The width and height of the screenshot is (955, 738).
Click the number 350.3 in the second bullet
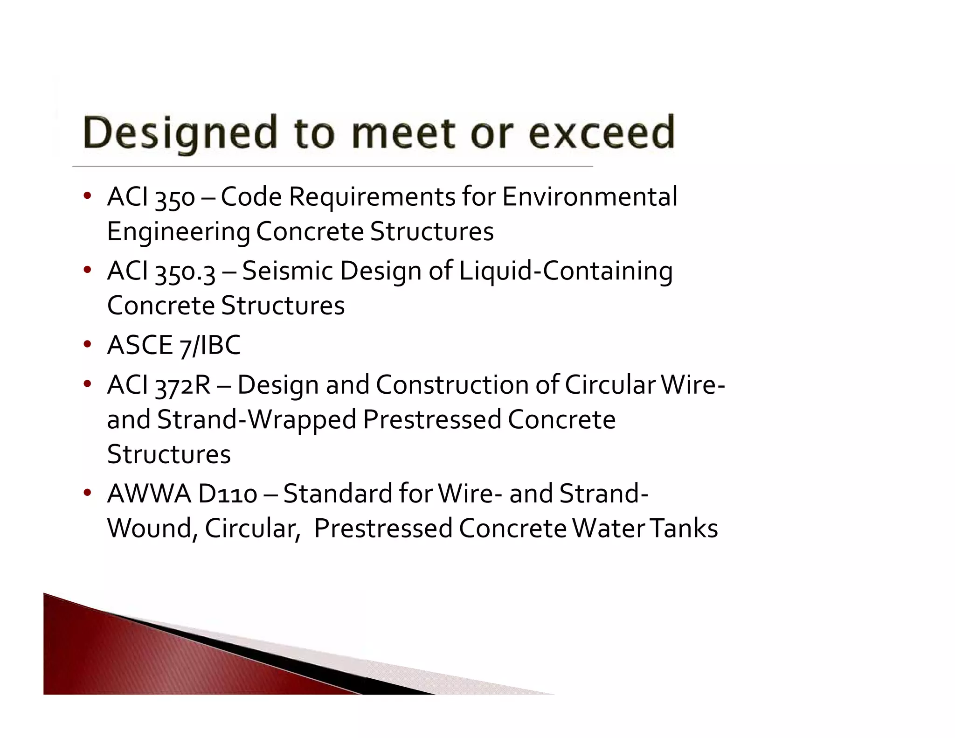pos(185,272)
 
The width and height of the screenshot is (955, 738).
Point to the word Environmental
pos(589,196)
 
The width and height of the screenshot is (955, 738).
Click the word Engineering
pos(178,232)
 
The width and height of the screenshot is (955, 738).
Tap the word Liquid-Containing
pos(566,272)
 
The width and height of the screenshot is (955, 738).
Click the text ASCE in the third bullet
pos(140,345)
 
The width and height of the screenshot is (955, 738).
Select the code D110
pos(227,494)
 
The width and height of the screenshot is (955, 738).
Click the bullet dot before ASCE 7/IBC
pos(87,345)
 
